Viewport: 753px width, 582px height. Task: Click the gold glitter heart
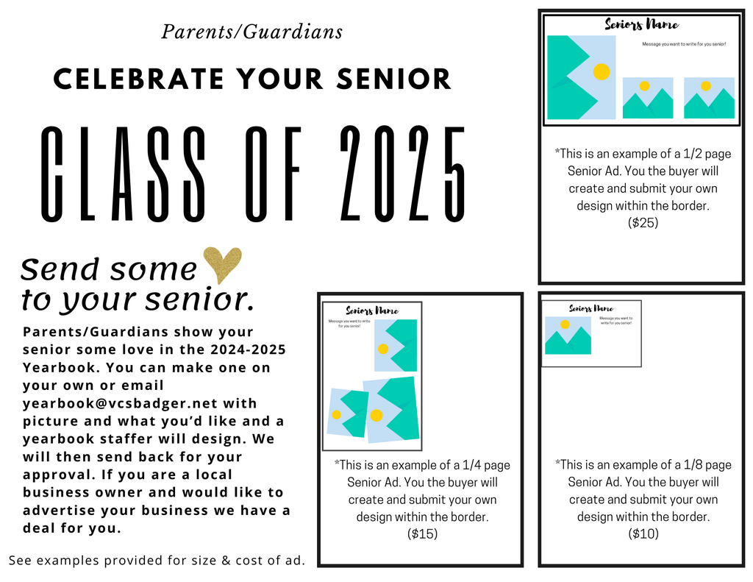coord(222,264)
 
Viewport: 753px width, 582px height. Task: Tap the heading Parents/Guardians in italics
coord(252,32)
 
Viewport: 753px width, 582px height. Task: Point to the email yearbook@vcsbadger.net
coord(120,403)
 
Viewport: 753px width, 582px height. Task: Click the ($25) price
coord(643,222)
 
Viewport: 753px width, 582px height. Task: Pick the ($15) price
coord(423,534)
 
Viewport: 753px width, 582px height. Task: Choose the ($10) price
coord(643,533)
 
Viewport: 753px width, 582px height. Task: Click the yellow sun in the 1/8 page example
coord(565,324)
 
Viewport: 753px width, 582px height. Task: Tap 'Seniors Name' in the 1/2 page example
coord(641,24)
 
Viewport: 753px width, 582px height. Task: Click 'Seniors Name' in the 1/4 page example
coord(372,311)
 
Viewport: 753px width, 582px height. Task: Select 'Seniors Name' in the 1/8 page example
coord(591,308)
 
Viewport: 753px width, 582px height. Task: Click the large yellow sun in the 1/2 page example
coord(602,71)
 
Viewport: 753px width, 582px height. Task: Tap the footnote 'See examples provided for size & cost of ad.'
coord(157,561)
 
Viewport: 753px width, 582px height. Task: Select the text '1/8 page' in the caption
coord(707,465)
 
